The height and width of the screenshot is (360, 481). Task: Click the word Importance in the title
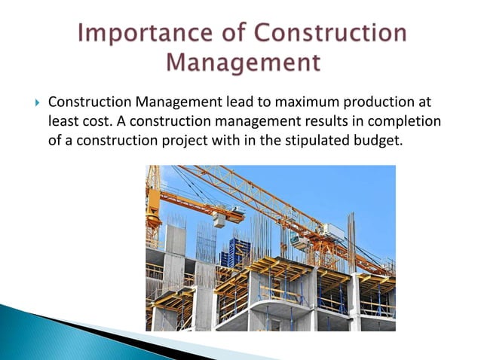141,35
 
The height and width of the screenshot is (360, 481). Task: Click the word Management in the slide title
240,63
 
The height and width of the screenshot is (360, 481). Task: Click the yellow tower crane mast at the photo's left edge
153,203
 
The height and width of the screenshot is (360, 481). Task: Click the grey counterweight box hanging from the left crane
219,219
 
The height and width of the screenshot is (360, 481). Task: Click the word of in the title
240,35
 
